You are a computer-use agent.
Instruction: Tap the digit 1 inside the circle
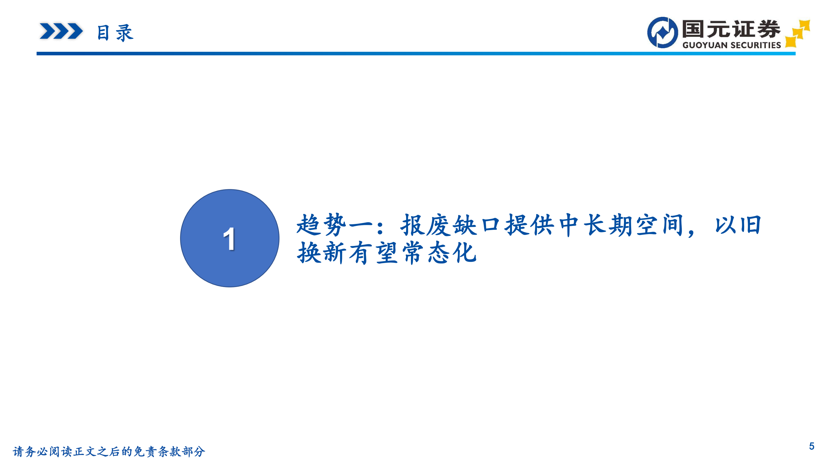tap(229, 239)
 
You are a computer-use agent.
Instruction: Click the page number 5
tap(812, 446)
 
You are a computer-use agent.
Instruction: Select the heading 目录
tap(115, 33)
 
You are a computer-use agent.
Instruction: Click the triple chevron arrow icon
tap(61, 31)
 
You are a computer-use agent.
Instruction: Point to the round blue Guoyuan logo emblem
tap(662, 32)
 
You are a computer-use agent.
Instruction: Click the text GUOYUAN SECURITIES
tap(732, 45)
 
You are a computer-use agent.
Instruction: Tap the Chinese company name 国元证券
tap(731, 29)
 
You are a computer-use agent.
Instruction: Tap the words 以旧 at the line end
tap(738, 225)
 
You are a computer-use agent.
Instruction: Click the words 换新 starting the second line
tap(322, 253)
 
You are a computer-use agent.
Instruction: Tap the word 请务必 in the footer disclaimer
tap(30, 451)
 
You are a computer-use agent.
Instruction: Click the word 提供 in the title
tap(529, 225)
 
